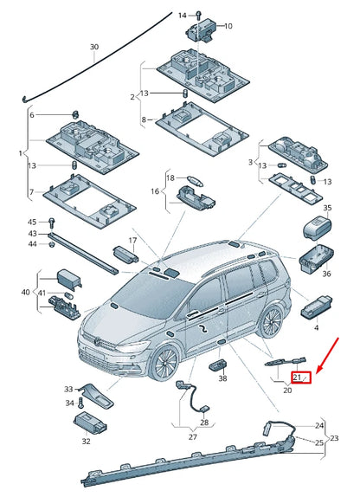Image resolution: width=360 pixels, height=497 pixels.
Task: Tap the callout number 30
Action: click(94, 46)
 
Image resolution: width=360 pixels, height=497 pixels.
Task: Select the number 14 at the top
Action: click(182, 16)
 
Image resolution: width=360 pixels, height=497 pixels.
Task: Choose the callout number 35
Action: click(327, 209)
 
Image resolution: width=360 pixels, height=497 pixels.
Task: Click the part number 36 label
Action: click(326, 274)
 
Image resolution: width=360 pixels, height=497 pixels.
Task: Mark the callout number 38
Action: click(222, 378)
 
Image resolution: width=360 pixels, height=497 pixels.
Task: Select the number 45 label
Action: click(32, 221)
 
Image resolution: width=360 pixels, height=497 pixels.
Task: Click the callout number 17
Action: click(132, 241)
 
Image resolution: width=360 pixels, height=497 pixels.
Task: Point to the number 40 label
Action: click(26, 293)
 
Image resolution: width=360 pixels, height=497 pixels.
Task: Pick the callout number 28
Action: click(204, 423)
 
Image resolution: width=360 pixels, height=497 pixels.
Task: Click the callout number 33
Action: click(68, 390)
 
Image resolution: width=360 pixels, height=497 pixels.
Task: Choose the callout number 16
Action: click(155, 191)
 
